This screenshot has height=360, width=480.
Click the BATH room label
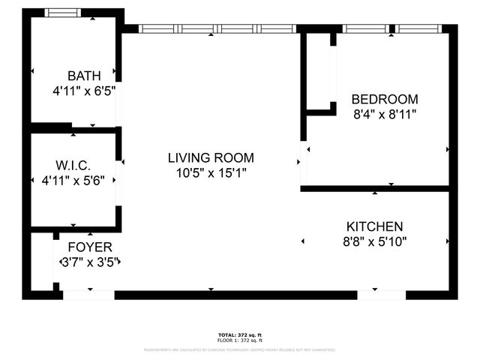[84, 76]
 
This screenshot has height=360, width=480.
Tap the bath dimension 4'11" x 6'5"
[84, 91]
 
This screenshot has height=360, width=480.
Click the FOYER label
[90, 247]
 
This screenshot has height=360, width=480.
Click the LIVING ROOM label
[211, 157]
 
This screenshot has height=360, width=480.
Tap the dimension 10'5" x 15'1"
[211, 172]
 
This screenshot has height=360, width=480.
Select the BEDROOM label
[385, 99]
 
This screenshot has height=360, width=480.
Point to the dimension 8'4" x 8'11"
[385, 114]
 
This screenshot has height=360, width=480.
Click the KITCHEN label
[374, 226]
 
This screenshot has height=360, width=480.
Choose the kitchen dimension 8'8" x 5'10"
[374, 241]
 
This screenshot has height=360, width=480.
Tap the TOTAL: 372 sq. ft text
[240, 334]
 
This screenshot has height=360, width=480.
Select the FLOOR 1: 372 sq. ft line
[240, 340]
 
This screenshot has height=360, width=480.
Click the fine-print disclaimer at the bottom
[240, 349]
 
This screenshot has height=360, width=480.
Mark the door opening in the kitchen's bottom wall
[382, 295]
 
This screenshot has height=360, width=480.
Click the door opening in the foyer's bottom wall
[88, 295]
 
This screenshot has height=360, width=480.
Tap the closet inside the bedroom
[319, 71]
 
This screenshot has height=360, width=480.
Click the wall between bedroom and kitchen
[375, 188]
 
